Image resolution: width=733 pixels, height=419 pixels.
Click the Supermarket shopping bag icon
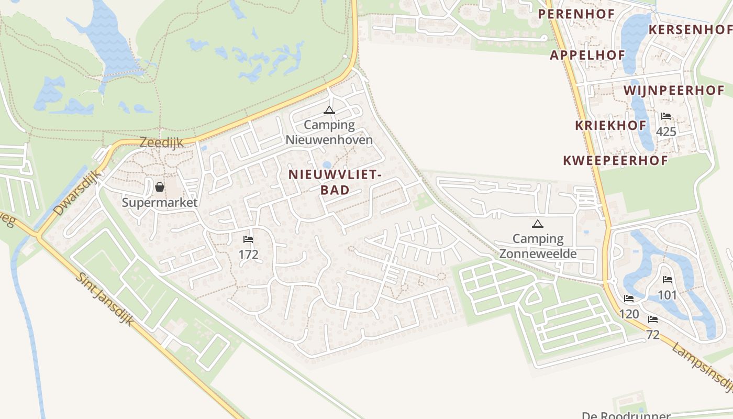click(x=160, y=187)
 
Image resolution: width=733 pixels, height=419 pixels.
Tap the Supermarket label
click(x=160, y=203)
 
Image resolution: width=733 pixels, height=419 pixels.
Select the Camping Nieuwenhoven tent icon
click(x=329, y=110)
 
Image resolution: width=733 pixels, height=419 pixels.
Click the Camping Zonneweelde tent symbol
click(x=537, y=224)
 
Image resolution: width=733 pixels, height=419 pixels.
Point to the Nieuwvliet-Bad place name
click(x=335, y=182)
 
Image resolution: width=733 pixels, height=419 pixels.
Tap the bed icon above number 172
click(x=248, y=239)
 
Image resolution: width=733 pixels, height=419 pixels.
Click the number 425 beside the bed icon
click(x=666, y=131)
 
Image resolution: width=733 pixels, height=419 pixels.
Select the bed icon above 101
click(x=667, y=280)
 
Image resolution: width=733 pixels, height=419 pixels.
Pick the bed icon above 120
click(x=629, y=299)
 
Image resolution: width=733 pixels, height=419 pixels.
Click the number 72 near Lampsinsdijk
click(x=653, y=335)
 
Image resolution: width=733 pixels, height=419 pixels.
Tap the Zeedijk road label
click(x=162, y=142)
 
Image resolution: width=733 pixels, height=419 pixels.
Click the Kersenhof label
click(x=690, y=29)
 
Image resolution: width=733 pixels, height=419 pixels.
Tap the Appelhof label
click(x=587, y=55)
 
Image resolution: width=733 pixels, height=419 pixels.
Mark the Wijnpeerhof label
click(x=674, y=90)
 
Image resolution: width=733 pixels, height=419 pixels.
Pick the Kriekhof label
click(x=610, y=125)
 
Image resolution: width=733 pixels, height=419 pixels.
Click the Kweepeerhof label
click(x=615, y=160)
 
